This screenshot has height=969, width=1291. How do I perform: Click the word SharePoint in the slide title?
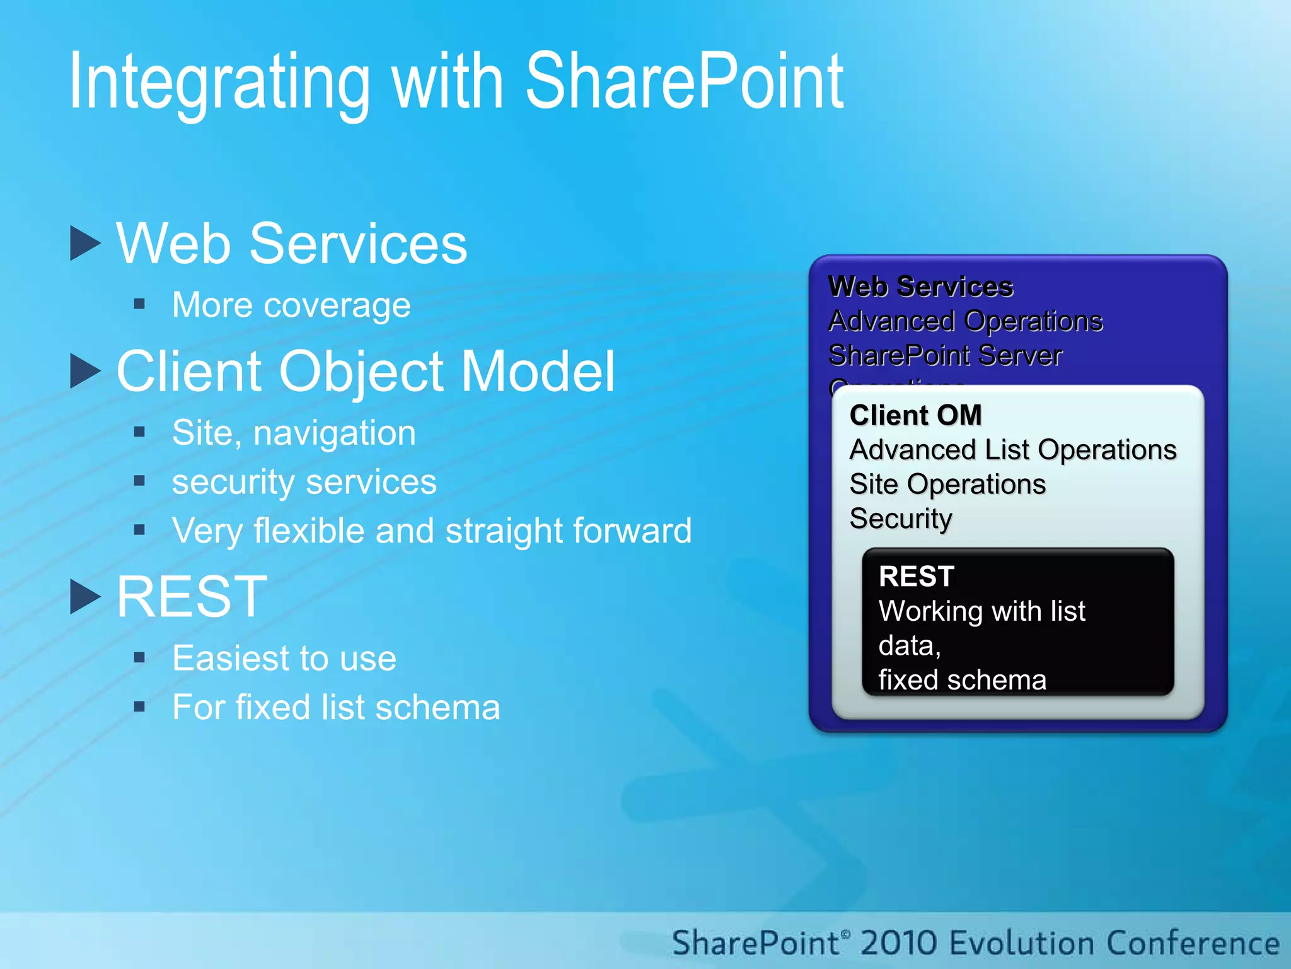coord(684,82)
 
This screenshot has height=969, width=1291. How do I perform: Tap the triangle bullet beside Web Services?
coord(84,244)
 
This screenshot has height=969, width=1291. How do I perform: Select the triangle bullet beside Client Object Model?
coord(84,371)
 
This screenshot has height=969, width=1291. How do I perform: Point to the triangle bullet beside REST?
coord(84,597)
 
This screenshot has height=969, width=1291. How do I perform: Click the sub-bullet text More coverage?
coord(291,305)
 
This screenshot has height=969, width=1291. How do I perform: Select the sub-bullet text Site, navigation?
coord(294,433)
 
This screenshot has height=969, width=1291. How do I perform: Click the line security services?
coord(304,483)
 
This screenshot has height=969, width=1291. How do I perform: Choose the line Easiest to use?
coord(284,659)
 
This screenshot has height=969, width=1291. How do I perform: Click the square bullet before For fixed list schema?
coord(140,707)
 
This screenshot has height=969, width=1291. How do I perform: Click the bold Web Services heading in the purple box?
coord(920,286)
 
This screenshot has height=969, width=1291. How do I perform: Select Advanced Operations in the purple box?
coord(965,321)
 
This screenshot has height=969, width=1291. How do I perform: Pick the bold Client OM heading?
coord(915,416)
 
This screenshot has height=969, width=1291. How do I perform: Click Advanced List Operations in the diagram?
coord(1012,450)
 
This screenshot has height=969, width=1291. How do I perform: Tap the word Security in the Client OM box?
coord(900,519)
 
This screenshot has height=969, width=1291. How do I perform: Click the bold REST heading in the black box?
coord(917,577)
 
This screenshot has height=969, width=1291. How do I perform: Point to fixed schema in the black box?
coord(962,680)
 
